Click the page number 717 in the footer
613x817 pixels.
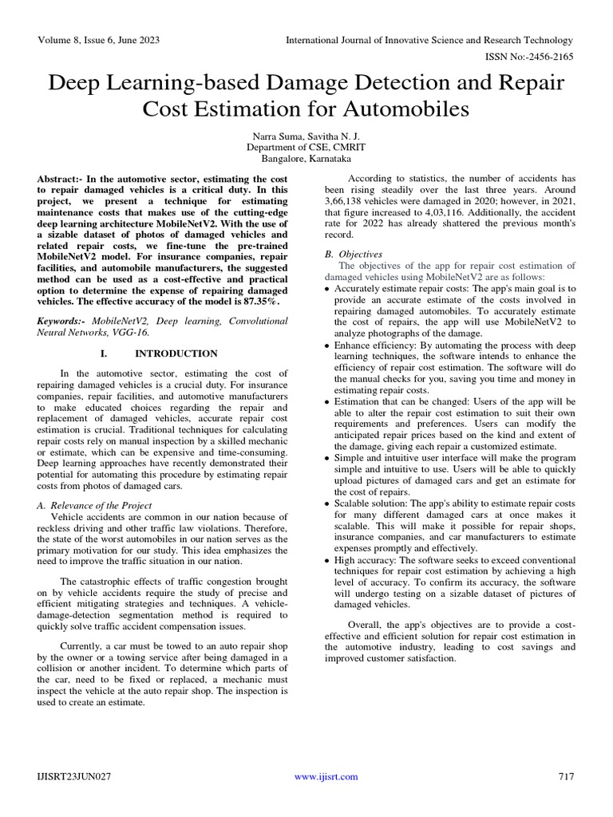pos(564,776)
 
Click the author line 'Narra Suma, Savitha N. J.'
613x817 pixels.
pos(306,136)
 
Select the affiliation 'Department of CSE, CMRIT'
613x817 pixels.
pos(306,148)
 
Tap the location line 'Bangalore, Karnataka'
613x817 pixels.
pos(306,159)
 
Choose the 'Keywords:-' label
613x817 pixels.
pos(63,320)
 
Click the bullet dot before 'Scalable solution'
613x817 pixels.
pos(328,505)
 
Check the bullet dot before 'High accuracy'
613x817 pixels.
pos(328,561)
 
